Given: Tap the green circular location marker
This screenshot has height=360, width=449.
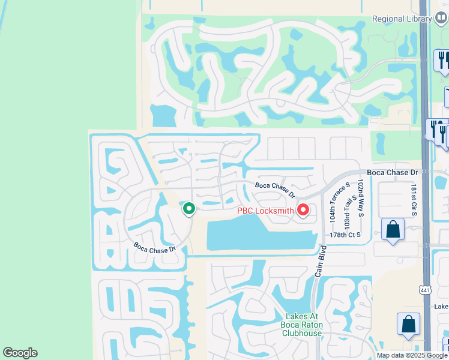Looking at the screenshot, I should [188, 209].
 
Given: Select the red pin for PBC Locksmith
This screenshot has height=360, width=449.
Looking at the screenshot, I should [303, 210].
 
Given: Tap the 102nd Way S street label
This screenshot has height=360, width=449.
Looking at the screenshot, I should [360, 197].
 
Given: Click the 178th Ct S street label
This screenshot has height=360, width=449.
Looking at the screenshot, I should [345, 235].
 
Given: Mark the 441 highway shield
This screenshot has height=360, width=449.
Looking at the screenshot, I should [424, 290].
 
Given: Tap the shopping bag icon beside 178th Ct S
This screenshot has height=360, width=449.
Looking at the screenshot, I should [393, 229].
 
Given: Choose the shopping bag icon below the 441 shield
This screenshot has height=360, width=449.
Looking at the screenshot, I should [408, 324].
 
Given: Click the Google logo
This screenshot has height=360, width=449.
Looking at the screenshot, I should [20, 353].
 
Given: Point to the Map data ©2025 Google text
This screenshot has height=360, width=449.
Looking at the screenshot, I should [411, 355].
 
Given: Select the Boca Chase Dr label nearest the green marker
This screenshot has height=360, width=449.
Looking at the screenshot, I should [154, 247].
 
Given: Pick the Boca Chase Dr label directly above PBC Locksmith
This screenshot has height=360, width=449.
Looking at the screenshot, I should [275, 190].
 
